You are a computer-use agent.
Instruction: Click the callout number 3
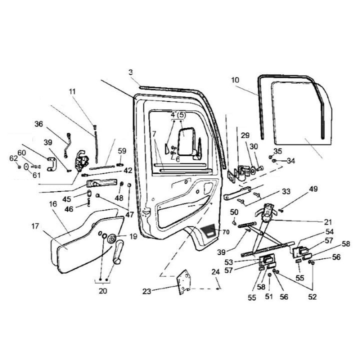130,72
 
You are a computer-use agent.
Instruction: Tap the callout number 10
235,79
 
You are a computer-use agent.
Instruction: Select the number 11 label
72,91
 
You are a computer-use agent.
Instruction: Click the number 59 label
122,150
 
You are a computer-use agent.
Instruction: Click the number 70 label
225,232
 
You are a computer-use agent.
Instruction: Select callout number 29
245,135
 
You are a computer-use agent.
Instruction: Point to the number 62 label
14,158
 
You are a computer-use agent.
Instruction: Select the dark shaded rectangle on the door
208,231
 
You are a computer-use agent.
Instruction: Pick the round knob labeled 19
111,237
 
